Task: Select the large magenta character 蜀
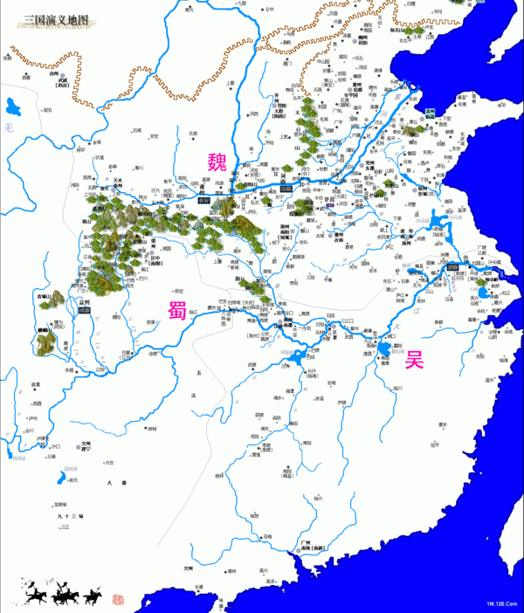(x=178, y=311)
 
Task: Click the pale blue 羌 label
(x=8, y=128)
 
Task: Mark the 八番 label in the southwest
(x=112, y=483)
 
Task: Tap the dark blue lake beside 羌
(x=12, y=108)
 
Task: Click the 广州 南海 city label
(x=311, y=545)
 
